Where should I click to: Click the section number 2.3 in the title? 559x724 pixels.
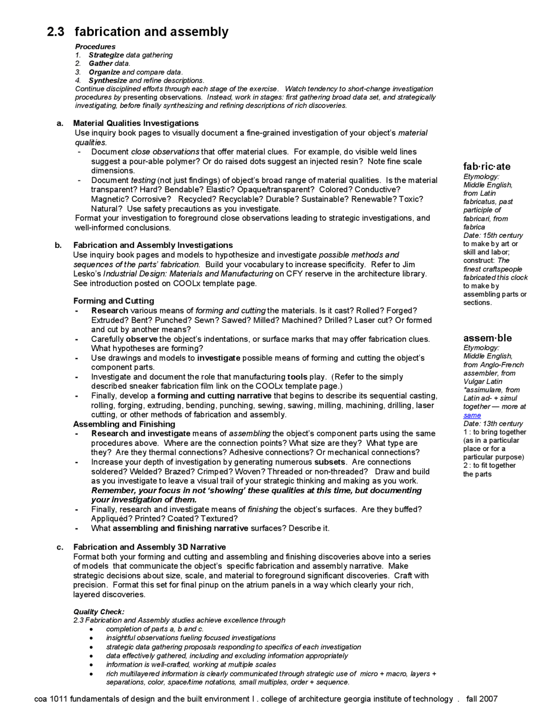(55, 32)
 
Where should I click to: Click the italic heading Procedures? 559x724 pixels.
(95, 46)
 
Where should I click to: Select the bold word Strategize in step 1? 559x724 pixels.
(106, 55)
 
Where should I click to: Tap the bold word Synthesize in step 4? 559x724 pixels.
(108, 80)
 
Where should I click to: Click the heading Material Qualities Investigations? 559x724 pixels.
(136, 123)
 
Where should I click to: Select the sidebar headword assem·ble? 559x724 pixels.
(487, 338)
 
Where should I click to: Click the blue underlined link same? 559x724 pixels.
(472, 415)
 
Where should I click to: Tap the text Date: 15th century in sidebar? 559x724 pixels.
(493, 235)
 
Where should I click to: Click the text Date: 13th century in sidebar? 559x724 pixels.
(493, 424)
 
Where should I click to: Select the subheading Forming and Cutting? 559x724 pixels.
(114, 301)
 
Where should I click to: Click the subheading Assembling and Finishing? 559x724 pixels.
(124, 424)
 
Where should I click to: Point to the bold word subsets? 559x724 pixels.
(330, 462)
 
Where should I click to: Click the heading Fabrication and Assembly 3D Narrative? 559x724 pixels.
(149, 547)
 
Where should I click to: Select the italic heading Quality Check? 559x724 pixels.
(99, 612)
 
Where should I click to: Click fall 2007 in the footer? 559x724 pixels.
(482, 699)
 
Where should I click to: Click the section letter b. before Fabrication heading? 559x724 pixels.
(59, 245)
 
